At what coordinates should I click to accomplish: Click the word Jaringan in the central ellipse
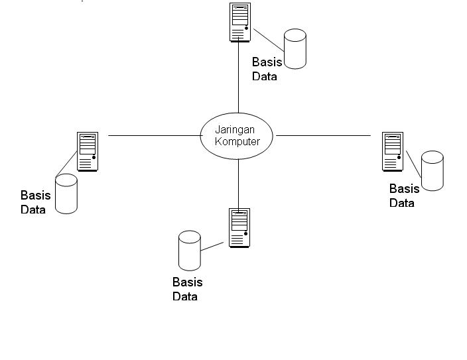(235, 130)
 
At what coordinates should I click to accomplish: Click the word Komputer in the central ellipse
(237, 141)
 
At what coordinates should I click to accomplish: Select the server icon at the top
(240, 23)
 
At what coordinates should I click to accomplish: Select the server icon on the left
(87, 151)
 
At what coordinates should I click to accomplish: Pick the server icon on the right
(393, 151)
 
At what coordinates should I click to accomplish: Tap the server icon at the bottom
(239, 227)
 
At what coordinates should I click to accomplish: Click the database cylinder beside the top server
(295, 48)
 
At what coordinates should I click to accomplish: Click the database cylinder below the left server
(66, 194)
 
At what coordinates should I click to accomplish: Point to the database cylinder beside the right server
(433, 171)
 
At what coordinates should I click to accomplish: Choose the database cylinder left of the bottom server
(190, 250)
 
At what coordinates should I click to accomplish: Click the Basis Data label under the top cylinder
(267, 69)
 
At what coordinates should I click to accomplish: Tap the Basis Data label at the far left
(35, 202)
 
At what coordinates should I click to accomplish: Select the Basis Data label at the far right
(404, 196)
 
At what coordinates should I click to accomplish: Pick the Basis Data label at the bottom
(187, 290)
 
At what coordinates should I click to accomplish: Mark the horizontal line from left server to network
(154, 135)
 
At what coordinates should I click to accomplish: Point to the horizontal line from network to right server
(323, 135)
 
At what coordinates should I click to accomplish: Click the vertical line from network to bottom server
(238, 183)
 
